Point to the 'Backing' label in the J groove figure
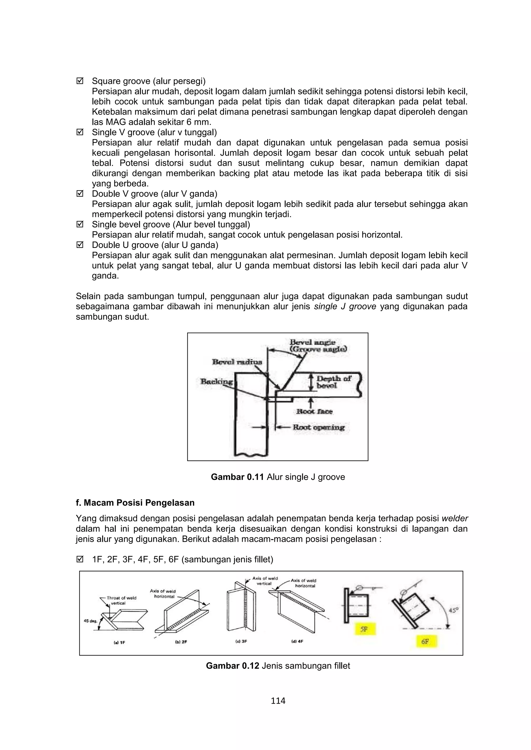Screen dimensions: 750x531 [x=216, y=381]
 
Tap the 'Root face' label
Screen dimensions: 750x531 [x=314, y=412]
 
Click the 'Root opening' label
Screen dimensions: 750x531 [x=318, y=427]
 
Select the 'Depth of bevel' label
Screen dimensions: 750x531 [x=333, y=382]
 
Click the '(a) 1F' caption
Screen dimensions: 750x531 [x=119, y=642]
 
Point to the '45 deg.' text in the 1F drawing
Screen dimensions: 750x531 [x=90, y=621]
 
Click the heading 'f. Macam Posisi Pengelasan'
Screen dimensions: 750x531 [x=135, y=503]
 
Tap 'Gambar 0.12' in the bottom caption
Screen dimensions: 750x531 [x=232, y=666]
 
